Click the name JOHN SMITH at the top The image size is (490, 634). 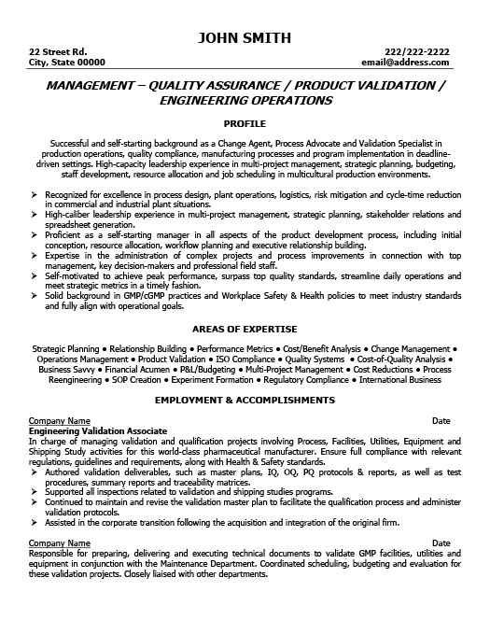(x=245, y=37)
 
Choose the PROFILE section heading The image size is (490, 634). (x=245, y=122)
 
